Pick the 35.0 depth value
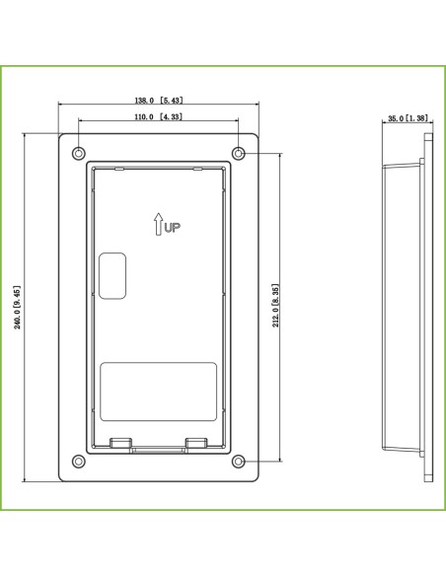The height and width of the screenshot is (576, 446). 395,118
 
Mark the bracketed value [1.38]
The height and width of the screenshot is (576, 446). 418,118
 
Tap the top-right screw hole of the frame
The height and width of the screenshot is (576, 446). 239,154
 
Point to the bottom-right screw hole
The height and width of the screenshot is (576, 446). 239,461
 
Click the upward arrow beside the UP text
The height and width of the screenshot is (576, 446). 158,226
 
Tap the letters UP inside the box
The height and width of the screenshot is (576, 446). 173,228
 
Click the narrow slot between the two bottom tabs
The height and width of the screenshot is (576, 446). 159,449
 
